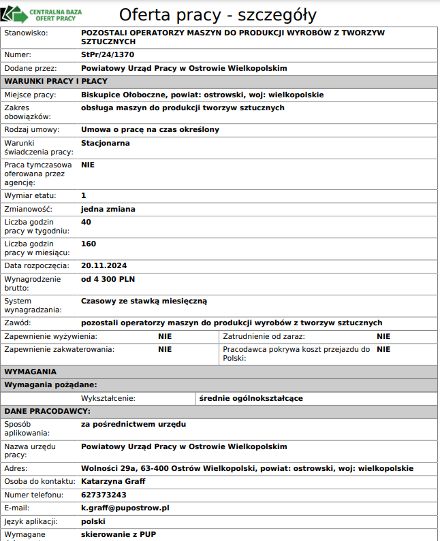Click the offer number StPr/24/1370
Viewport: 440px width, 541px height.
pos(107,54)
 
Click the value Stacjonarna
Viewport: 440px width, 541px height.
pos(106,143)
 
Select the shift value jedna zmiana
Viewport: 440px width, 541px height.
pos(108,209)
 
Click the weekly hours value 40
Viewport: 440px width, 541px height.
pos(86,222)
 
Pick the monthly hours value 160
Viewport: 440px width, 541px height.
pos(89,244)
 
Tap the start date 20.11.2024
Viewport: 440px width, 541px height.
pos(104,265)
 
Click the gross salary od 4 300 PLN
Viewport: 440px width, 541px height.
pos(108,279)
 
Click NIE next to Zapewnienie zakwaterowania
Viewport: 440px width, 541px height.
pos(165,349)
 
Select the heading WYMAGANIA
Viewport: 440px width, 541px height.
pos(31,372)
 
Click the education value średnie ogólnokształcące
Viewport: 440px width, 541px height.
pos(251,398)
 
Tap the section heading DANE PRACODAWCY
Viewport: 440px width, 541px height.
pos(48,411)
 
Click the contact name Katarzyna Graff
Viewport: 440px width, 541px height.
pos(113,481)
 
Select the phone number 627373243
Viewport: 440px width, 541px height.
pos(104,495)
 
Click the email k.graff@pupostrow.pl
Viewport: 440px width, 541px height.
pos(125,508)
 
